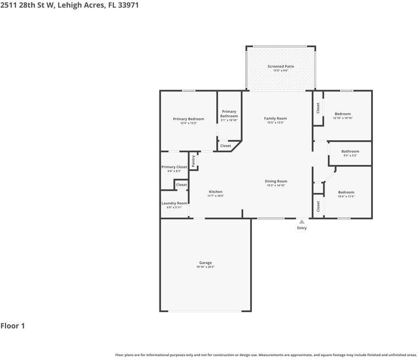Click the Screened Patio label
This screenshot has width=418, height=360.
[x=280, y=67]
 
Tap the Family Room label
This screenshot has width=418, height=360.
[x=275, y=118]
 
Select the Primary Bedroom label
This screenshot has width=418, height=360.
[x=188, y=119]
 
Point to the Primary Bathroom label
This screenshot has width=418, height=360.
[x=229, y=114]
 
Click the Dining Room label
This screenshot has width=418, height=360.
[x=276, y=181]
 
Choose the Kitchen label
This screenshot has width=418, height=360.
[x=215, y=192]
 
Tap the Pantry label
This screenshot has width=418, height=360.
[x=194, y=160]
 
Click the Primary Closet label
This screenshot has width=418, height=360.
[x=174, y=167]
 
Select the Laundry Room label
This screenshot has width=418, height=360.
[x=174, y=203]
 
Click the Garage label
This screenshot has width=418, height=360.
[x=205, y=263]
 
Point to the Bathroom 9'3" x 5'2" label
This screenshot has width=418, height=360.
[x=350, y=151]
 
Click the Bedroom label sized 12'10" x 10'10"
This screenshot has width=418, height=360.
[x=343, y=114]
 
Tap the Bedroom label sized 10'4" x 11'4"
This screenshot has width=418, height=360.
[x=346, y=192]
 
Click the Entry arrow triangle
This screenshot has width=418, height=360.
[x=301, y=221]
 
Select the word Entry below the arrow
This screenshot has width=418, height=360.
[x=301, y=228]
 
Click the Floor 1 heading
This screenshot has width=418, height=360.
[x=13, y=326]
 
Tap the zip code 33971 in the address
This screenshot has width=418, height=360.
[x=127, y=5]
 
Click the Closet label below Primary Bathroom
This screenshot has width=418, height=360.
[x=226, y=146]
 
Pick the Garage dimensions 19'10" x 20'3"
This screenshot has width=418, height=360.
[x=205, y=267]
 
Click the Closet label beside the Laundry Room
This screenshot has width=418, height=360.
[x=182, y=185]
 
